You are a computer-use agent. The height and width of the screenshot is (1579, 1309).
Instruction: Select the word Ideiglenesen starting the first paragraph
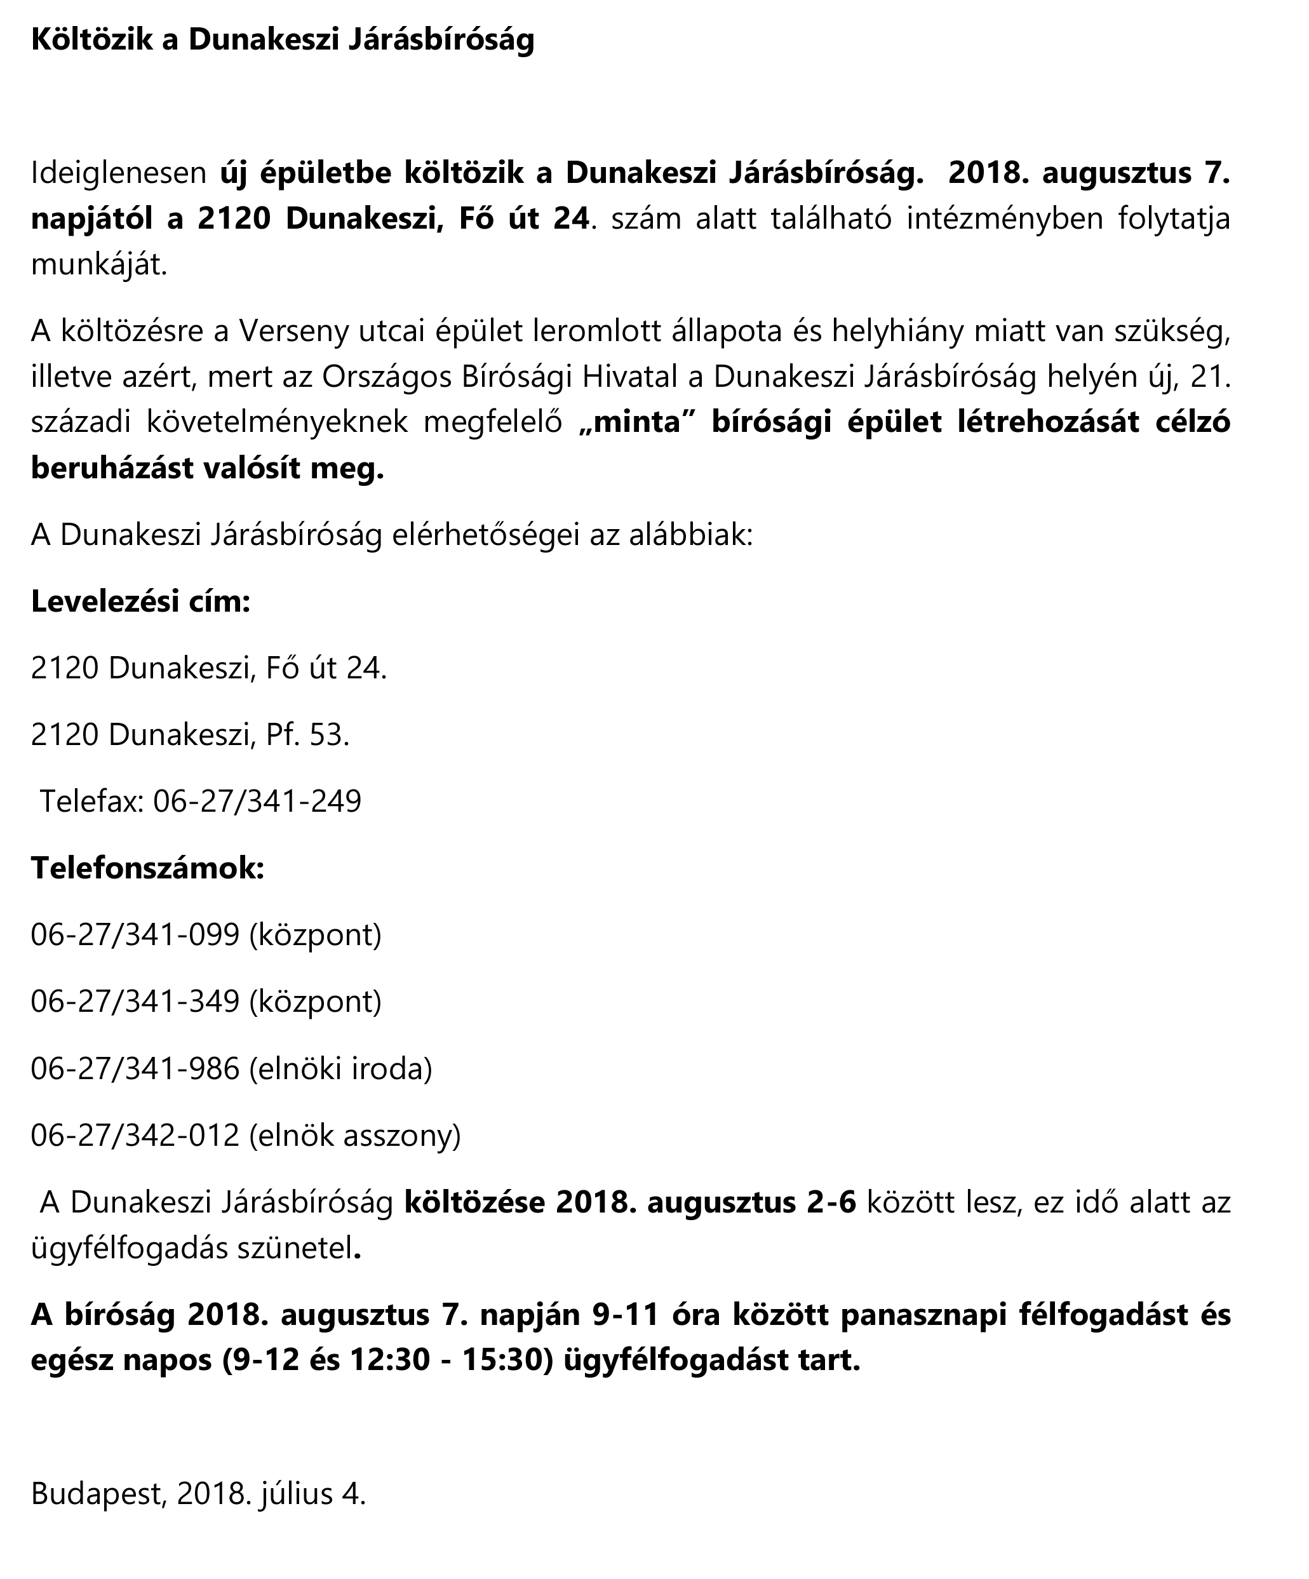coord(118,173)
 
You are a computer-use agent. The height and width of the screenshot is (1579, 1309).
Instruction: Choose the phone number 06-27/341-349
coord(135,1001)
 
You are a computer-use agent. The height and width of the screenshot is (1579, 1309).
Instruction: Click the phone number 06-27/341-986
coord(135,1068)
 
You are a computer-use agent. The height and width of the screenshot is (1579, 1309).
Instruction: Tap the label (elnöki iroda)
coord(340,1068)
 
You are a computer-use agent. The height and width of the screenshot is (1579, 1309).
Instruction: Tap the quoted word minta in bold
coord(637,422)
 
